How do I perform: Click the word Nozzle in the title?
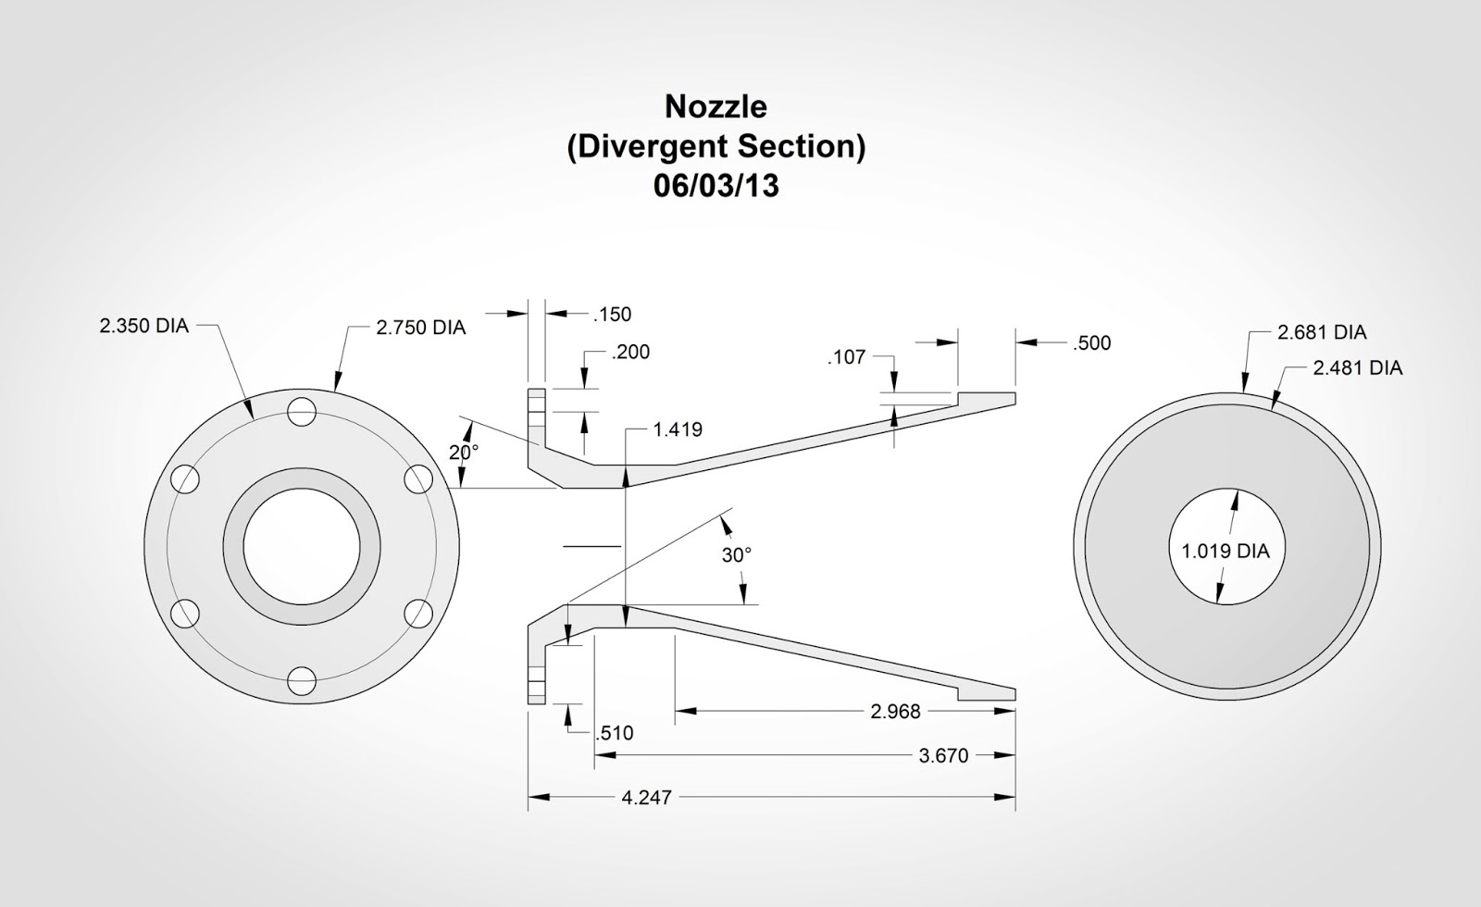click(716, 106)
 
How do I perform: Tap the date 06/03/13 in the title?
click(716, 186)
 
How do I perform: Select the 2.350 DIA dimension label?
click(143, 326)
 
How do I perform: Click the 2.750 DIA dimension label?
click(420, 328)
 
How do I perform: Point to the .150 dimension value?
click(612, 315)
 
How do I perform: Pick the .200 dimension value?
click(630, 352)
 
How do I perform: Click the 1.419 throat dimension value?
click(677, 429)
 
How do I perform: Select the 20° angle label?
click(464, 453)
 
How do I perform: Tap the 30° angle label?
click(737, 554)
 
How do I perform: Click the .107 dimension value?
click(846, 356)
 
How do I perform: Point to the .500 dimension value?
click(1091, 343)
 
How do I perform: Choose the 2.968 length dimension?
click(895, 711)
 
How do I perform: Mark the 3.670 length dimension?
click(943, 756)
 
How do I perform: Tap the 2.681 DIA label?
click(1321, 332)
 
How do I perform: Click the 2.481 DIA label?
click(1357, 368)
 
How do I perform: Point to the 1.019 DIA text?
click(1226, 551)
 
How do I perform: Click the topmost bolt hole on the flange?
click(301, 412)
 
